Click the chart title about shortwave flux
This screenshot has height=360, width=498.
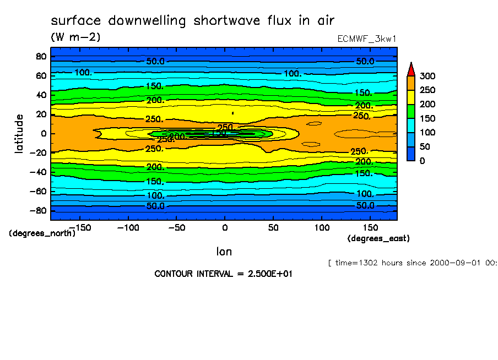[x=193, y=21]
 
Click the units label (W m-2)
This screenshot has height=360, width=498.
[x=75, y=37]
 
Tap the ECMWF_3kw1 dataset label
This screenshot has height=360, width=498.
[x=367, y=39]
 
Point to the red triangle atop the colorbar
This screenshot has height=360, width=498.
[x=410, y=69]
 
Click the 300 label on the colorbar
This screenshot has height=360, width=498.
[x=427, y=76]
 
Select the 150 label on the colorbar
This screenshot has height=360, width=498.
[x=427, y=118]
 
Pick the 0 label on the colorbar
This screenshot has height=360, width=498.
[x=423, y=161]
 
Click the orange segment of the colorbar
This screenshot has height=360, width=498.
[x=410, y=83]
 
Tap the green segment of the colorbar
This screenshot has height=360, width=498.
[x=410, y=111]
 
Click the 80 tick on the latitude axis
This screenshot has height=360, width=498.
[x=41, y=56]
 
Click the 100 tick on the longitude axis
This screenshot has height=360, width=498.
[x=322, y=227]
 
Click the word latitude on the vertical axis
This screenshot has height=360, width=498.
[x=19, y=134]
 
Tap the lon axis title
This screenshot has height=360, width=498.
[x=224, y=252]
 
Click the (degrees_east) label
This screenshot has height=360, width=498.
[x=378, y=238]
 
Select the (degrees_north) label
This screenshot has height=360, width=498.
[x=42, y=233]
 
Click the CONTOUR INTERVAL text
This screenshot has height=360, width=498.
[x=223, y=274]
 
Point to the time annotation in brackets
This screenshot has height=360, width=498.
[x=413, y=263]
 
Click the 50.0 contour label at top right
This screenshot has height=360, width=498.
[x=365, y=61]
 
